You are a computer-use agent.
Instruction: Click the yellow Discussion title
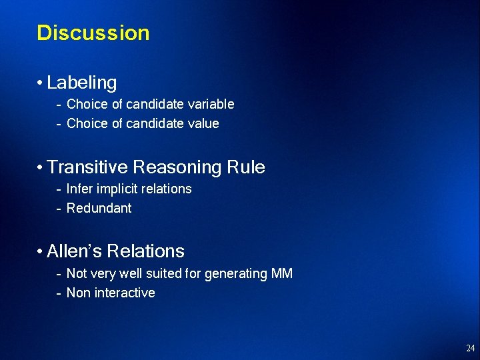pos(93,33)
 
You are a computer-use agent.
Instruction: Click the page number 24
pos(471,348)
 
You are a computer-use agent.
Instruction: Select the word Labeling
pos(82,83)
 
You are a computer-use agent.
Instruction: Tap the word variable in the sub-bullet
pos(211,104)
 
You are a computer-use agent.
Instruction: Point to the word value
pos(204,123)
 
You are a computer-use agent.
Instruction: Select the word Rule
pos(247,167)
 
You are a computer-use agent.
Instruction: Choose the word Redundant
pos(99,208)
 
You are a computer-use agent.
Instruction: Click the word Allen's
pos(74,251)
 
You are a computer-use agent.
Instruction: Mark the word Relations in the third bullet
pos(145,251)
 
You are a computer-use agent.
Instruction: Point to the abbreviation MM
pos(281,273)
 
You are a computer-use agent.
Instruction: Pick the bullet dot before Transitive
pos(41,168)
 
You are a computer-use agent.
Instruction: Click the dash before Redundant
pos(59,208)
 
